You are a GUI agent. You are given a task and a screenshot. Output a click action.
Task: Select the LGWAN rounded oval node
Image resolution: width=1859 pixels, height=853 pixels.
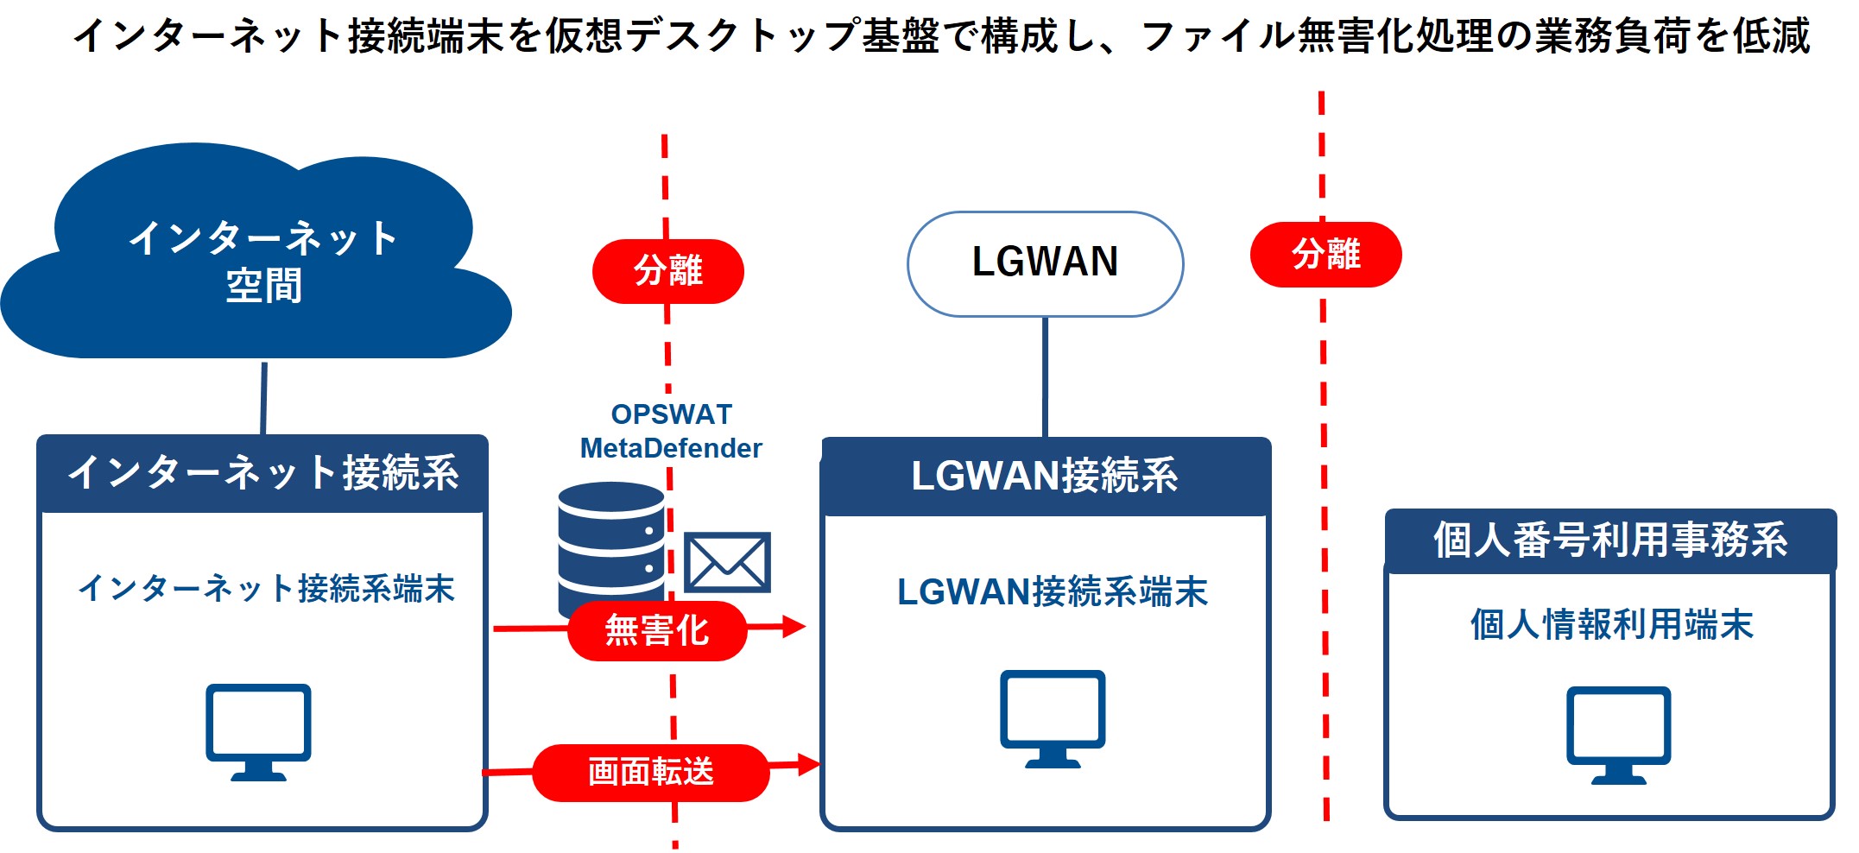click(x=1045, y=263)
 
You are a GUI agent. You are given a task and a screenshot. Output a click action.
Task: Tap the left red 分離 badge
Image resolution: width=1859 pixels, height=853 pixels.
click(x=667, y=271)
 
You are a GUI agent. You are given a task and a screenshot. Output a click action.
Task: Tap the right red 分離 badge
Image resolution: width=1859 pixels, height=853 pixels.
click(x=1325, y=255)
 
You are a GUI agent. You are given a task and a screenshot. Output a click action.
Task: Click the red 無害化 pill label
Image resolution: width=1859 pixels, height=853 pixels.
click(x=657, y=630)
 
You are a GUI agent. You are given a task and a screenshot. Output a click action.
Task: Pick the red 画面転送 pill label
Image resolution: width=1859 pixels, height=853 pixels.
click(x=651, y=772)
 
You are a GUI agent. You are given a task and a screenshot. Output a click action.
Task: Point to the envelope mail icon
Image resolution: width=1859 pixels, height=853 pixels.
click(x=727, y=562)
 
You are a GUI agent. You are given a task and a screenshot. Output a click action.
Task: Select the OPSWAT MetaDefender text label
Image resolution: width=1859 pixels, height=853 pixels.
click(x=671, y=432)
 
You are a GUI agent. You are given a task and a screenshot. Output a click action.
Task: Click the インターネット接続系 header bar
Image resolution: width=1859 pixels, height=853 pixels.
click(x=262, y=473)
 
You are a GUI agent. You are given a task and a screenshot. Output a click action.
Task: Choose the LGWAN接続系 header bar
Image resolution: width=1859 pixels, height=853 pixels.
click(x=1045, y=477)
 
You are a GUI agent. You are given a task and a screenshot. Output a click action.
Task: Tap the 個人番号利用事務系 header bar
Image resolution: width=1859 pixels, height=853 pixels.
click(x=1610, y=540)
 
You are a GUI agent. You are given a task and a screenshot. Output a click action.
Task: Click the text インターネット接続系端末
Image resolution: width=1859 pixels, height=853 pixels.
click(x=266, y=589)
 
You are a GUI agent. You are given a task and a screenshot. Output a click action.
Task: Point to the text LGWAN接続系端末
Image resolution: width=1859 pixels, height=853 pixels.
click(x=1053, y=592)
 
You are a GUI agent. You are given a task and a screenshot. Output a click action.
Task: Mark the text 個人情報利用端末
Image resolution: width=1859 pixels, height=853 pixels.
click(x=1611, y=624)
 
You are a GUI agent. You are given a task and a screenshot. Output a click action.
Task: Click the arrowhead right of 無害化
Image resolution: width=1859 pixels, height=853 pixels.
click(x=794, y=627)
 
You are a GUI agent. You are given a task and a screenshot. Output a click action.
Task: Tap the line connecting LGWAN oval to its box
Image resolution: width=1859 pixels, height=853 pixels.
click(x=1045, y=376)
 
